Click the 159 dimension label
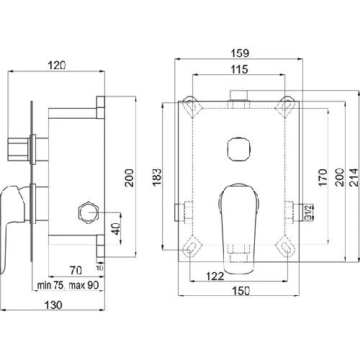(x=240, y=53)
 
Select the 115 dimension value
(x=239, y=69)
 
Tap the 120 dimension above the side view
(x=57, y=66)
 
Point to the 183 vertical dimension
(x=157, y=177)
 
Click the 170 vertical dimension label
(x=323, y=177)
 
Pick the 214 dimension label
(x=354, y=177)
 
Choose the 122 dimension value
(x=215, y=276)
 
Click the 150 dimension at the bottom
(x=241, y=291)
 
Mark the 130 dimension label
(x=53, y=305)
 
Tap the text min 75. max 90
(x=68, y=285)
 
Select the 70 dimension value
(x=76, y=271)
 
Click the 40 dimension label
(x=116, y=229)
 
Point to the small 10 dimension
(x=99, y=268)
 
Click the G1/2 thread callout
(x=309, y=212)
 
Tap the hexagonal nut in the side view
(x=88, y=212)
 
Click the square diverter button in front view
(x=239, y=150)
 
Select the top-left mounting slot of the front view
(x=191, y=105)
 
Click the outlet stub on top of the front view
(x=239, y=95)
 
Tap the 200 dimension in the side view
(x=130, y=178)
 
